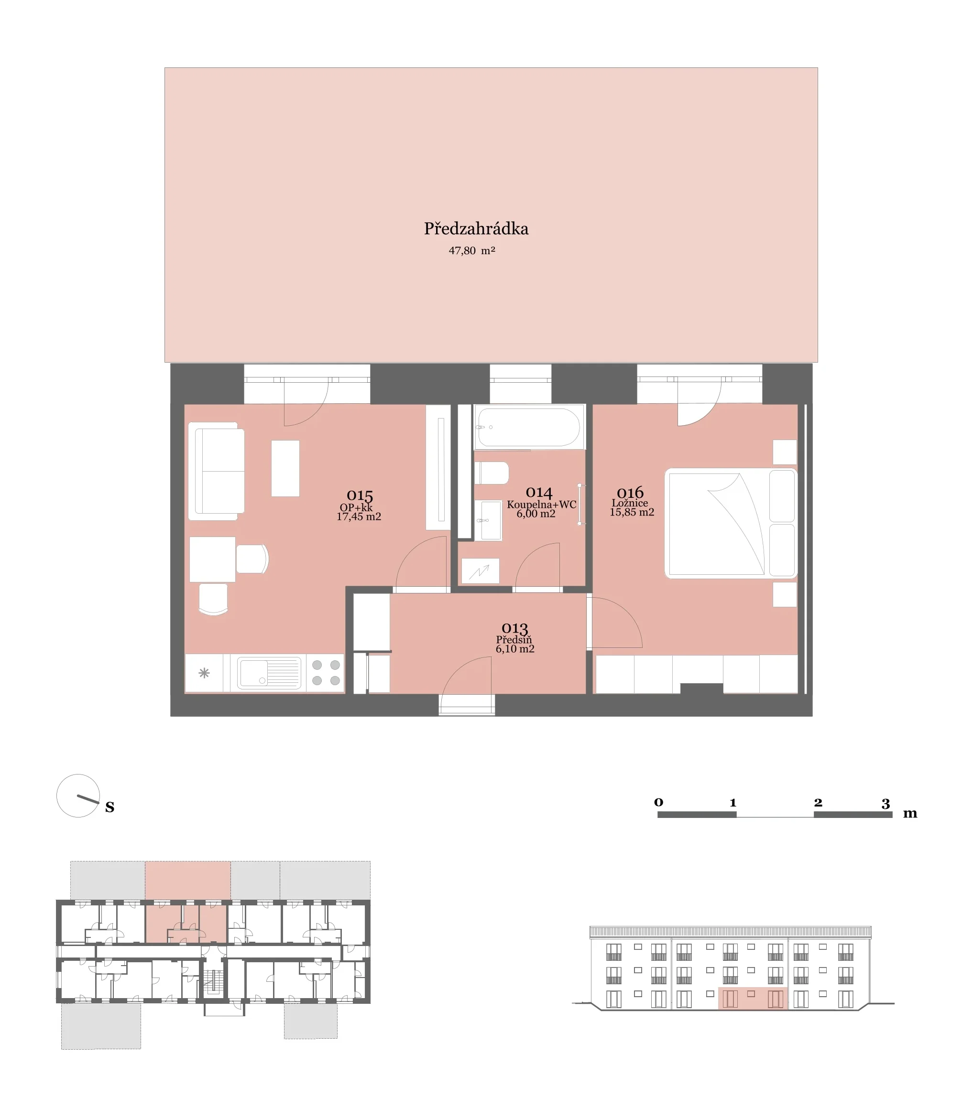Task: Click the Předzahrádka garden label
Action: tap(476, 229)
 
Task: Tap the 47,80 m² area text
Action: tap(472, 251)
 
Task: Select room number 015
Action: tap(360, 495)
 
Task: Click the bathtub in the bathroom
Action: tap(529, 427)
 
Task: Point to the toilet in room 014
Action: tap(492, 473)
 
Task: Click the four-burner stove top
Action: tap(326, 673)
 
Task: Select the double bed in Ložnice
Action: tap(731, 523)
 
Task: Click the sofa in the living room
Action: tap(217, 471)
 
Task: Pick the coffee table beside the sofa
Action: tap(285, 469)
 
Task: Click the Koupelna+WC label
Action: tap(541, 505)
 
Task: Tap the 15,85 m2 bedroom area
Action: tap(632, 513)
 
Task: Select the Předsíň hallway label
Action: tap(514, 640)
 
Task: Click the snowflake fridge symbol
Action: tap(204, 673)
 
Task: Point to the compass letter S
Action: tap(109, 807)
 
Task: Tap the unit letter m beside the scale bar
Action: tap(910, 814)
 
